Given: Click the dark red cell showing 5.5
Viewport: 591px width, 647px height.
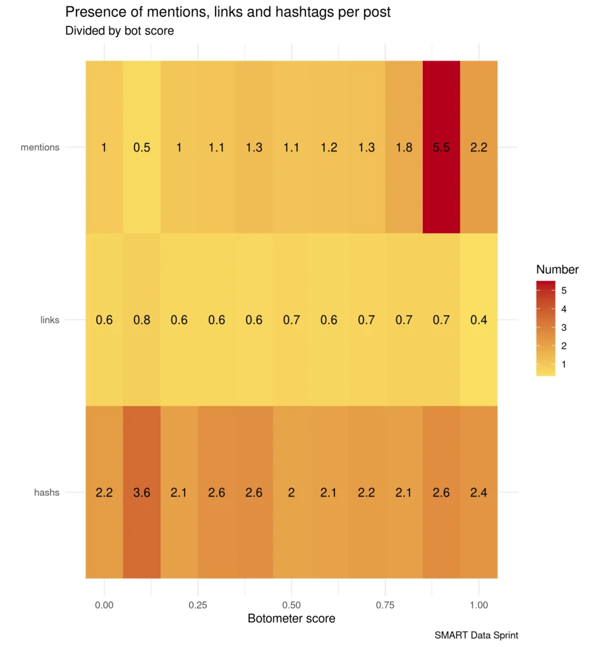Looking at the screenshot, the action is (441, 147).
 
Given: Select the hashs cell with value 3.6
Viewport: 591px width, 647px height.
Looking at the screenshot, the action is (142, 492).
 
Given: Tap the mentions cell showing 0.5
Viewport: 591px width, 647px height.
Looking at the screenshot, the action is (142, 147).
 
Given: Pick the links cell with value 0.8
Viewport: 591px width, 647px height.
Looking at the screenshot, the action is (142, 319).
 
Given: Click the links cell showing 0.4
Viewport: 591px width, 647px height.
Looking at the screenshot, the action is (478, 319).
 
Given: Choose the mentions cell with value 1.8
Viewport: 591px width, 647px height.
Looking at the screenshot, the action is (404, 147).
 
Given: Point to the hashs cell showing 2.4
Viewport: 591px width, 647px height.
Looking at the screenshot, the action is (478, 492).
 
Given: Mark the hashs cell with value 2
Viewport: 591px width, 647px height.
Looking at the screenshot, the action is (291, 492).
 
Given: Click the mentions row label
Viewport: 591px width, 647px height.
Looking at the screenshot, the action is (40, 147).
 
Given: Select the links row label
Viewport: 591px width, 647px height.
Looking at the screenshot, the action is (50, 320).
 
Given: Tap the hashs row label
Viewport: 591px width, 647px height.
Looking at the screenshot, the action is (47, 492).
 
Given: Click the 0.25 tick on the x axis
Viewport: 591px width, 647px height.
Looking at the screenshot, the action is (198, 605).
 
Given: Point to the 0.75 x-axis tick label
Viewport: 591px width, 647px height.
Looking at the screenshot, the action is (385, 605).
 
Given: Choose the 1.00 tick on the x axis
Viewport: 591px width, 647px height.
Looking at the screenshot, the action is (478, 605).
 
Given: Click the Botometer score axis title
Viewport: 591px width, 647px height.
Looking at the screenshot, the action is (291, 618).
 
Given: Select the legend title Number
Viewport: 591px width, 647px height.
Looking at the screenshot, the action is (557, 269).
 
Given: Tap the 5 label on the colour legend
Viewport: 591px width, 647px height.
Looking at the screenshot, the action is (564, 291).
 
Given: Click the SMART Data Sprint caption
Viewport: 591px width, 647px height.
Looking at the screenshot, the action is (476, 635).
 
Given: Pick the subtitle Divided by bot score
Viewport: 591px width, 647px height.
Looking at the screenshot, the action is (119, 30).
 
